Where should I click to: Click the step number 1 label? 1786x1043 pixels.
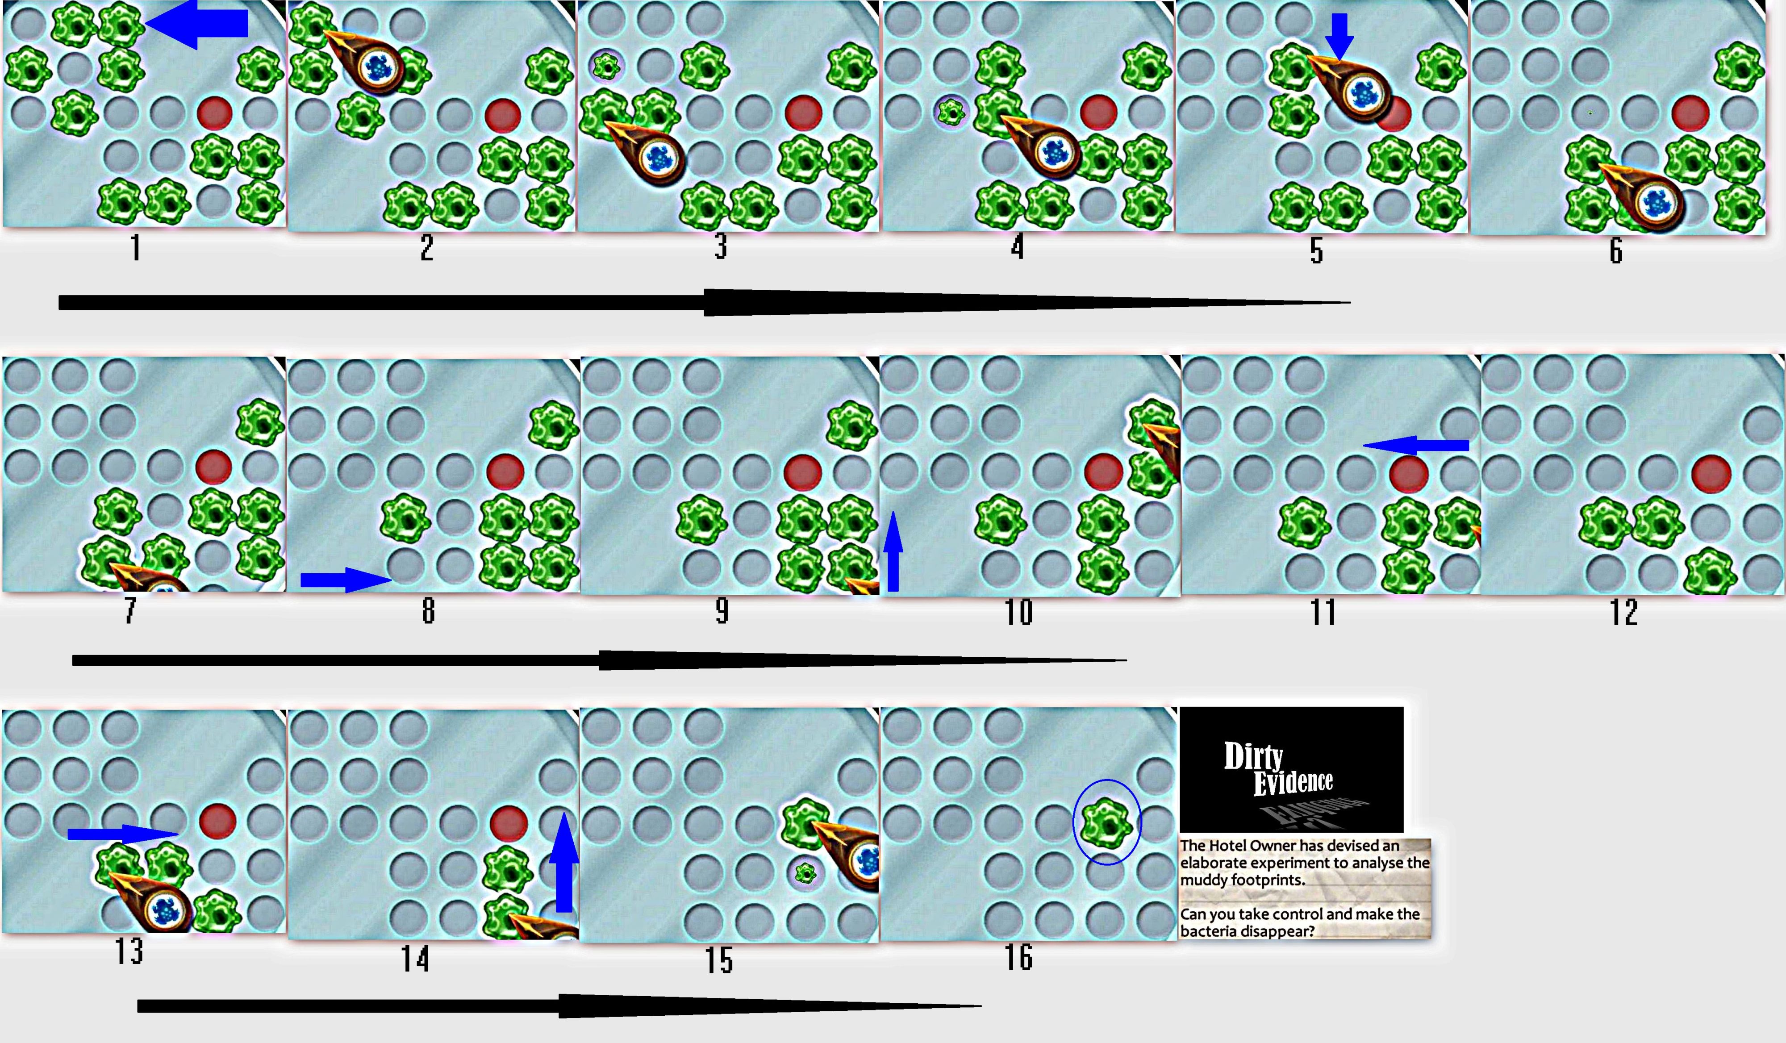coord(135,248)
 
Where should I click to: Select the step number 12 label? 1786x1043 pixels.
coord(1624,612)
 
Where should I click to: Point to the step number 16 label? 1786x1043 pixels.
coord(1018,957)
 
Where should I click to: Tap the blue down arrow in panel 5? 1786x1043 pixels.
coord(1339,35)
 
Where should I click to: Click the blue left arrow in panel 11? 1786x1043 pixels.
coord(1415,446)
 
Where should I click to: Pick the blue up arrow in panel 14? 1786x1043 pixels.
coord(564,862)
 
